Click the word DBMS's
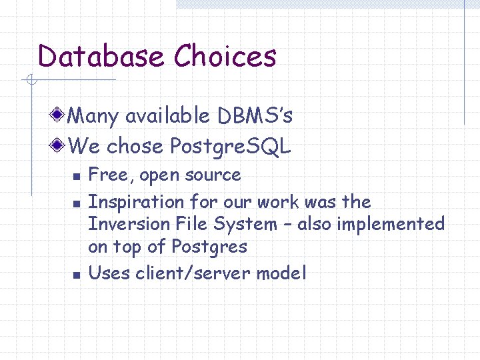255,116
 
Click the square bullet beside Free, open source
77,177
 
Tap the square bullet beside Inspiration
77,203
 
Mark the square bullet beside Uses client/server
77,274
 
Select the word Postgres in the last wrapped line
209,247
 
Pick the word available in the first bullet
167,116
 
